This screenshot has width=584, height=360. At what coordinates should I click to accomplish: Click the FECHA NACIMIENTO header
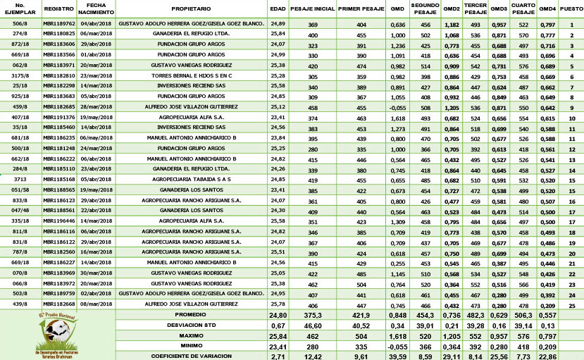coord(97,8)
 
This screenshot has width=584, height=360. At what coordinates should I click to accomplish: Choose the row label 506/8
coord(20,24)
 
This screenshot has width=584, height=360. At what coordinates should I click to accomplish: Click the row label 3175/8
coord(20,75)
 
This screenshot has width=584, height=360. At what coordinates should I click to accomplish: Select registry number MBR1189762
coord(58,24)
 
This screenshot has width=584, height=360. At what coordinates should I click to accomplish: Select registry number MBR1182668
coord(58,304)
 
